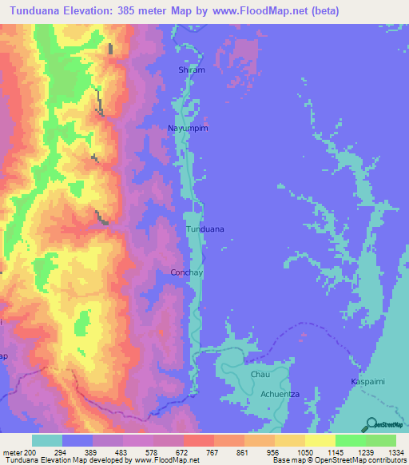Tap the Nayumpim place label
[x=188, y=128]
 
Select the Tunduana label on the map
[x=204, y=229]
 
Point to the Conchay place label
[x=188, y=272]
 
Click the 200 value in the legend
[x=30, y=451]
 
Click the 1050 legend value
[x=305, y=451]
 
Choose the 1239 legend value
[x=366, y=451]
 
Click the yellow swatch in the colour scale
[x=320, y=440]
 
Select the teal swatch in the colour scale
[x=47, y=440]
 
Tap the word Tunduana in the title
[x=40, y=11]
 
